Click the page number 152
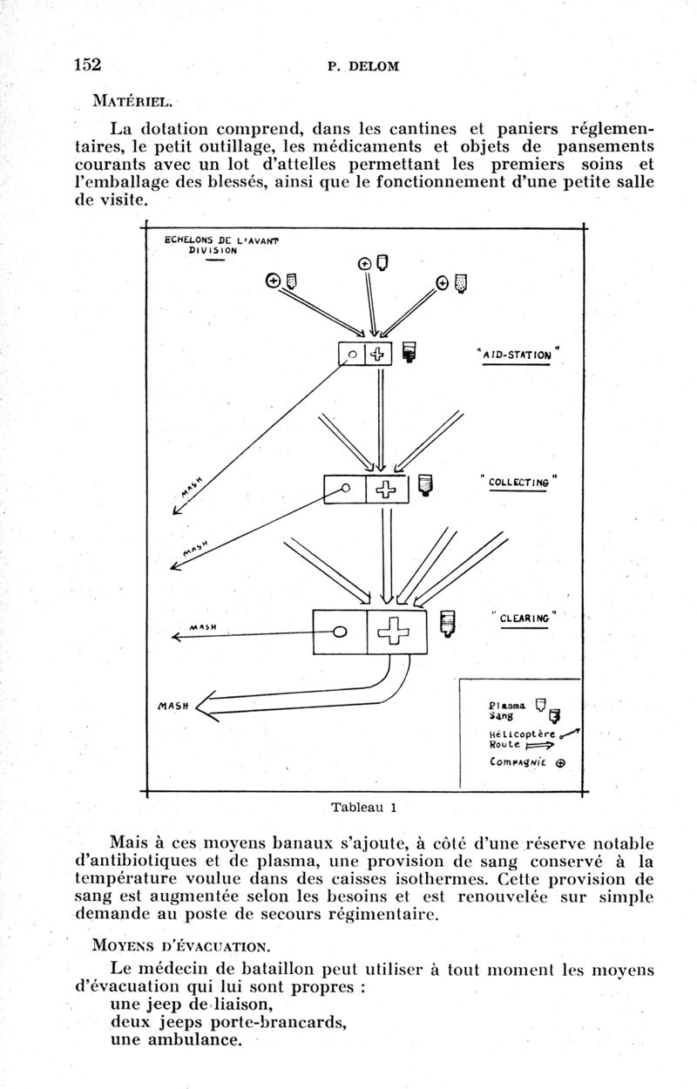88,64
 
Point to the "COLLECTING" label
519,482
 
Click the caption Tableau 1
364,806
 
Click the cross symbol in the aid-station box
378,355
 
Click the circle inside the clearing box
341,631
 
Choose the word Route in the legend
505,746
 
